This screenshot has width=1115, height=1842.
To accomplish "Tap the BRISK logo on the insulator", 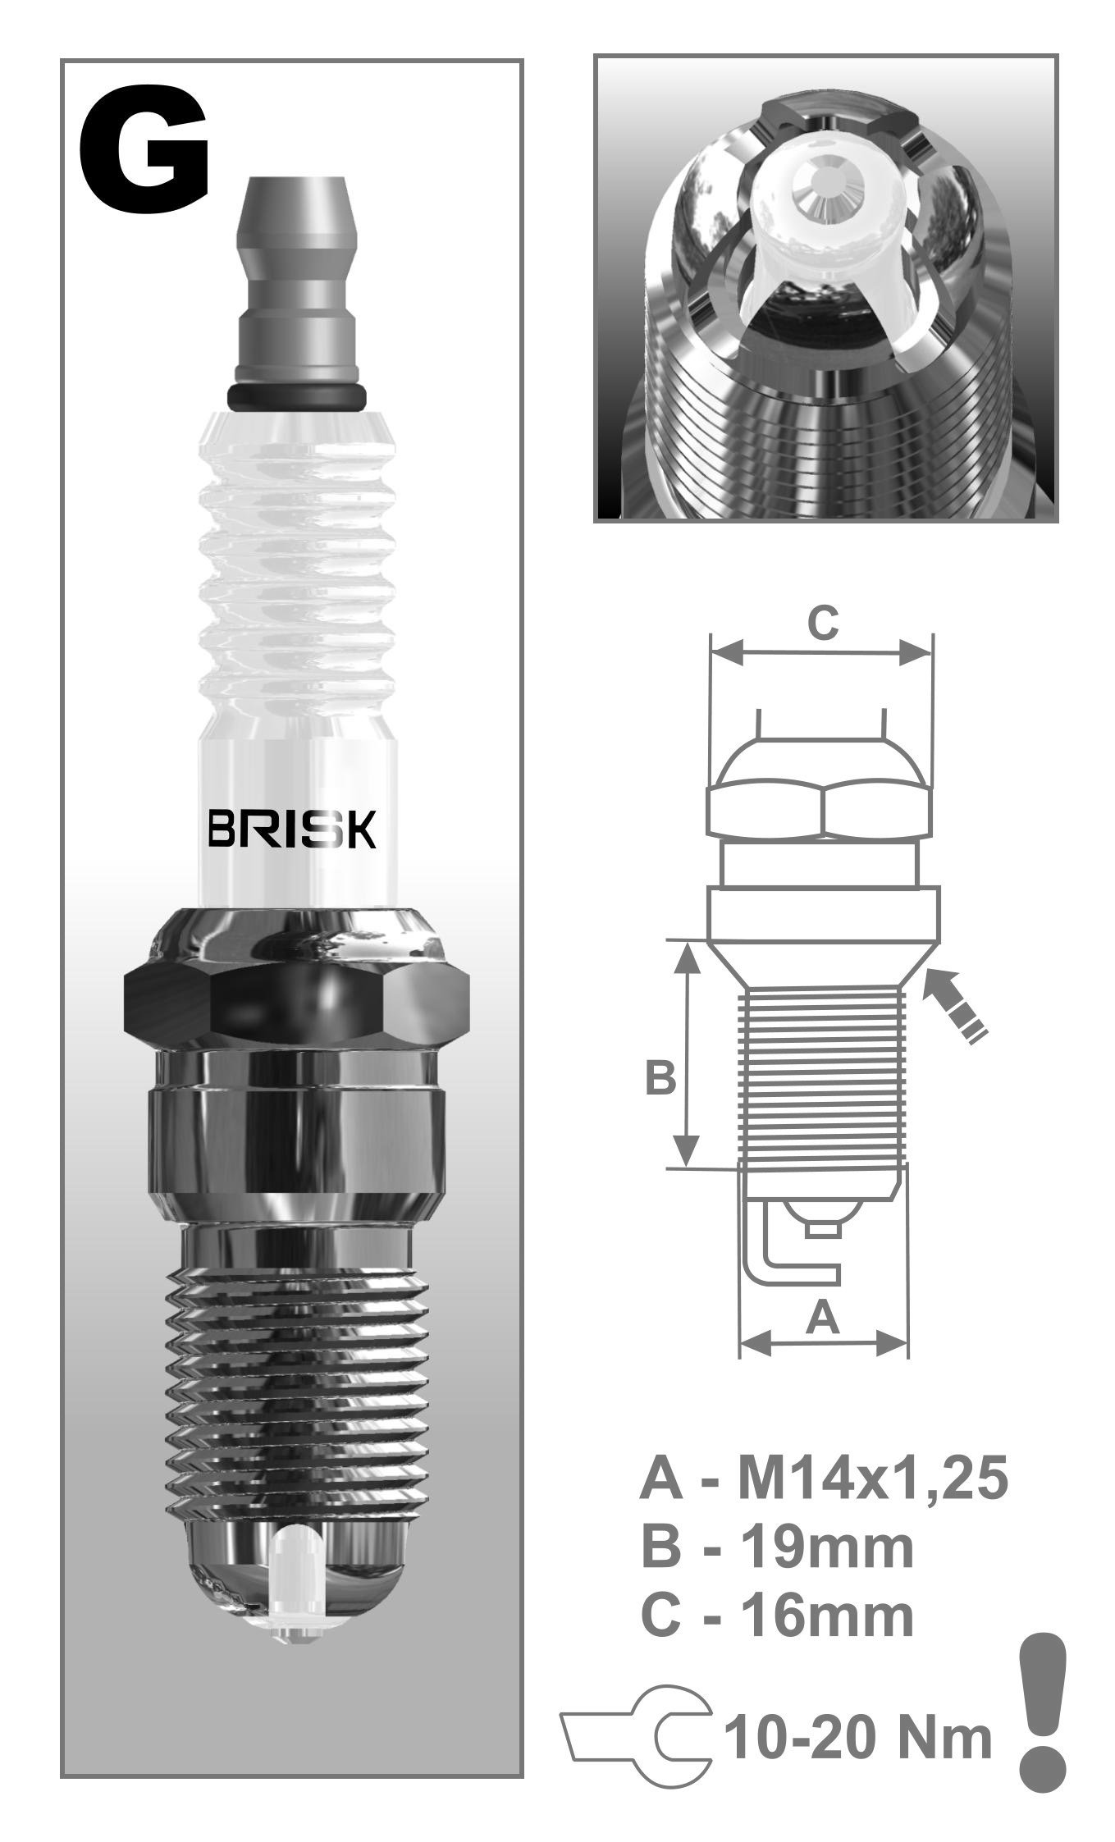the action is (x=292, y=830).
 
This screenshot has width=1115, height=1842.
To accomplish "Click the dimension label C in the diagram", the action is (x=822, y=623).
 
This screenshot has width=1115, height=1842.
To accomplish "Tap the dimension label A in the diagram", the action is (x=823, y=1319).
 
